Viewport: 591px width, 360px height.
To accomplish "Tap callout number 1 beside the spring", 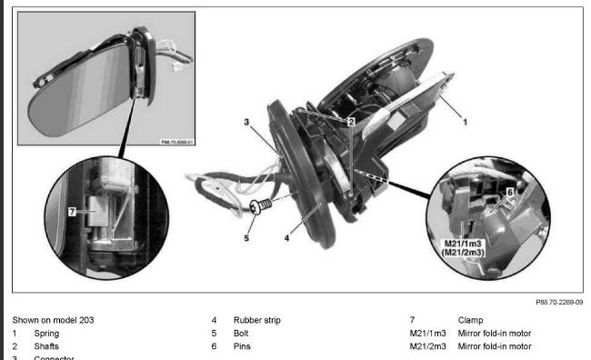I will tap(465, 118).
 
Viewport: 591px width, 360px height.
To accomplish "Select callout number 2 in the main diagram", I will tap(350, 120).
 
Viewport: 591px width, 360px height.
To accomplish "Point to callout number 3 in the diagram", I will tap(245, 121).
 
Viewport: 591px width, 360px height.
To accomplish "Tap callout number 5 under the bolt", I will tap(245, 240).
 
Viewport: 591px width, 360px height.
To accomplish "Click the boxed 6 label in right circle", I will tap(510, 193).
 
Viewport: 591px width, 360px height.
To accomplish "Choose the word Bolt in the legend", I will tap(242, 334).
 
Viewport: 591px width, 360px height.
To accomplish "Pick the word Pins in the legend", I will tap(242, 346).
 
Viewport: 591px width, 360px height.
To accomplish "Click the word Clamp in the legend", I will tap(470, 320).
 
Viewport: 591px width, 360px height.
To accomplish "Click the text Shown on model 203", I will tap(53, 320).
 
